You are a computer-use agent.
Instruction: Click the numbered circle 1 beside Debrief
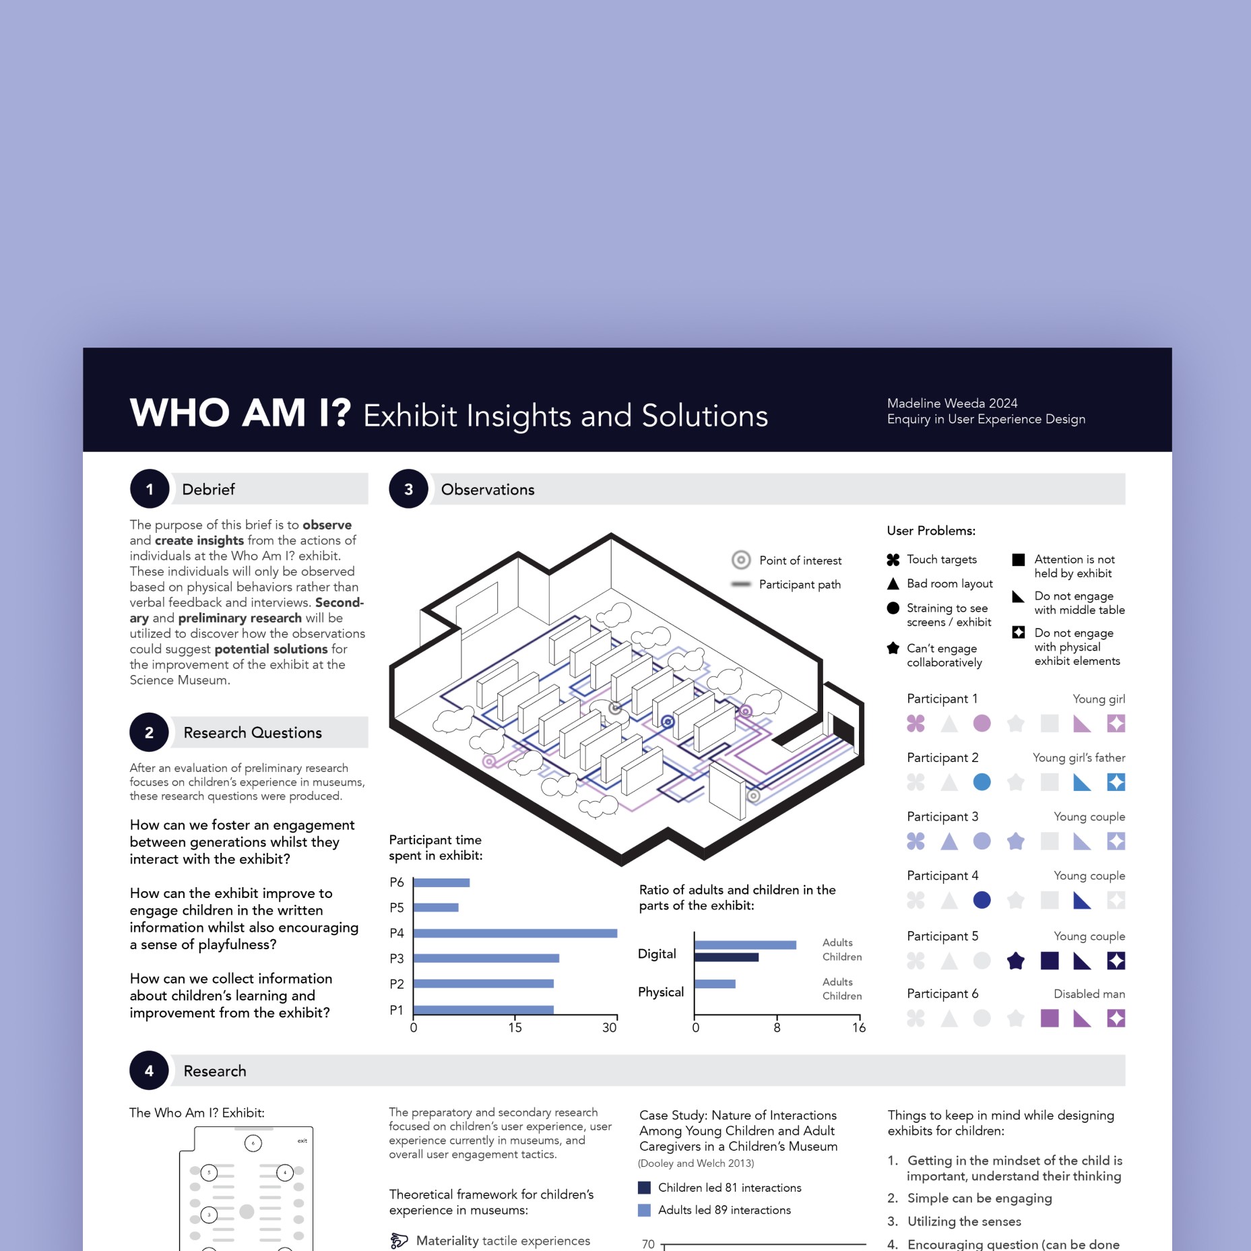pyautogui.click(x=150, y=489)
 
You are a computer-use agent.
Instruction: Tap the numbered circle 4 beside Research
pyautogui.click(x=149, y=1070)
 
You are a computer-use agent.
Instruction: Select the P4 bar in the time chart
pyautogui.click(x=515, y=933)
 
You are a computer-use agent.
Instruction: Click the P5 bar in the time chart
pyautogui.click(x=436, y=907)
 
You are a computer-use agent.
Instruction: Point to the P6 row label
pyautogui.click(x=397, y=883)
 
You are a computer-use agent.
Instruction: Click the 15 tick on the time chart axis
pyautogui.click(x=515, y=1027)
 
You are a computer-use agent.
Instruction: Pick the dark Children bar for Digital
pyautogui.click(x=726, y=957)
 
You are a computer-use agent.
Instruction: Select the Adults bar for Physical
pyautogui.click(x=715, y=984)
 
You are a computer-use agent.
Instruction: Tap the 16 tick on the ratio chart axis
pyautogui.click(x=858, y=1027)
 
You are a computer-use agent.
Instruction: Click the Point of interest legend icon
pyautogui.click(x=741, y=560)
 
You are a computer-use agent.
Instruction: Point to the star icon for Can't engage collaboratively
pyautogui.click(x=893, y=648)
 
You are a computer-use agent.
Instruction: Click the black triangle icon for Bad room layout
pyautogui.click(x=893, y=583)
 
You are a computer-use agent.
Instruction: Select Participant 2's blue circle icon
pyautogui.click(x=982, y=782)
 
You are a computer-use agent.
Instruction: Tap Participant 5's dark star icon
pyautogui.click(x=1016, y=961)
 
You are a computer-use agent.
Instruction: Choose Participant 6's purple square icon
pyautogui.click(x=1050, y=1018)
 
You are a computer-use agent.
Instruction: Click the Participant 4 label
pyautogui.click(x=942, y=876)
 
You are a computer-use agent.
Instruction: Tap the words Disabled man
pyautogui.click(x=1089, y=994)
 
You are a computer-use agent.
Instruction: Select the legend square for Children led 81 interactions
pyautogui.click(x=644, y=1188)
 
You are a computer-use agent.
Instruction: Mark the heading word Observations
pyautogui.click(x=488, y=490)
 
